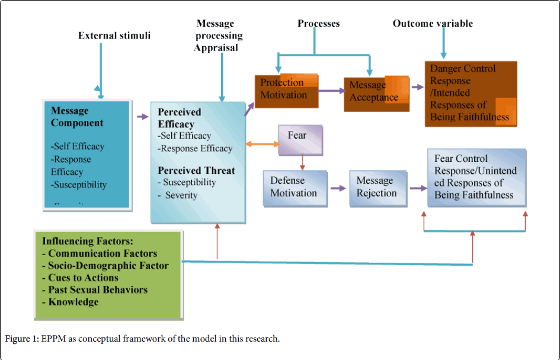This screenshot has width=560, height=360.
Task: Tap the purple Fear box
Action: coord(300,137)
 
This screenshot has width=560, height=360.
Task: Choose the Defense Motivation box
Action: coord(295,187)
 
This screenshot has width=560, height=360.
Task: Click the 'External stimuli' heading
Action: coord(114,36)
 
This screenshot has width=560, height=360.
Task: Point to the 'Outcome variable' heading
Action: coord(433,24)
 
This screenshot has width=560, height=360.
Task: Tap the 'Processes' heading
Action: coord(319,24)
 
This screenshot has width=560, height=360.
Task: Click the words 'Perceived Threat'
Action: coord(196,171)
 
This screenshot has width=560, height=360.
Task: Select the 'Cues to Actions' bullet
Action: coord(80,278)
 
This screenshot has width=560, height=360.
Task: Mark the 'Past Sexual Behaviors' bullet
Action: coord(94,290)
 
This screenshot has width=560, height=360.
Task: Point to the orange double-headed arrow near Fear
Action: coord(262,144)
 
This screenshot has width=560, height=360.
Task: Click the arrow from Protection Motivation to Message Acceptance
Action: coord(331,91)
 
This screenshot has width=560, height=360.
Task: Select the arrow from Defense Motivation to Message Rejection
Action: coord(338,189)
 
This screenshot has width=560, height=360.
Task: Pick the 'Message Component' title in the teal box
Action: coord(77,117)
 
